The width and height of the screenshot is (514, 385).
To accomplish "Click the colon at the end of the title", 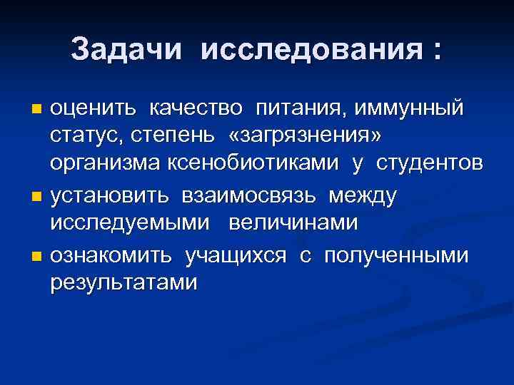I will point(435,51).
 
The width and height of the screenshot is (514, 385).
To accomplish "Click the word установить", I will point(109,195).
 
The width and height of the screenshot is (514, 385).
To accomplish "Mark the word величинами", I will point(293,223).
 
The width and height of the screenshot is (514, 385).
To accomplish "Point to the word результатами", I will point(124,283).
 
